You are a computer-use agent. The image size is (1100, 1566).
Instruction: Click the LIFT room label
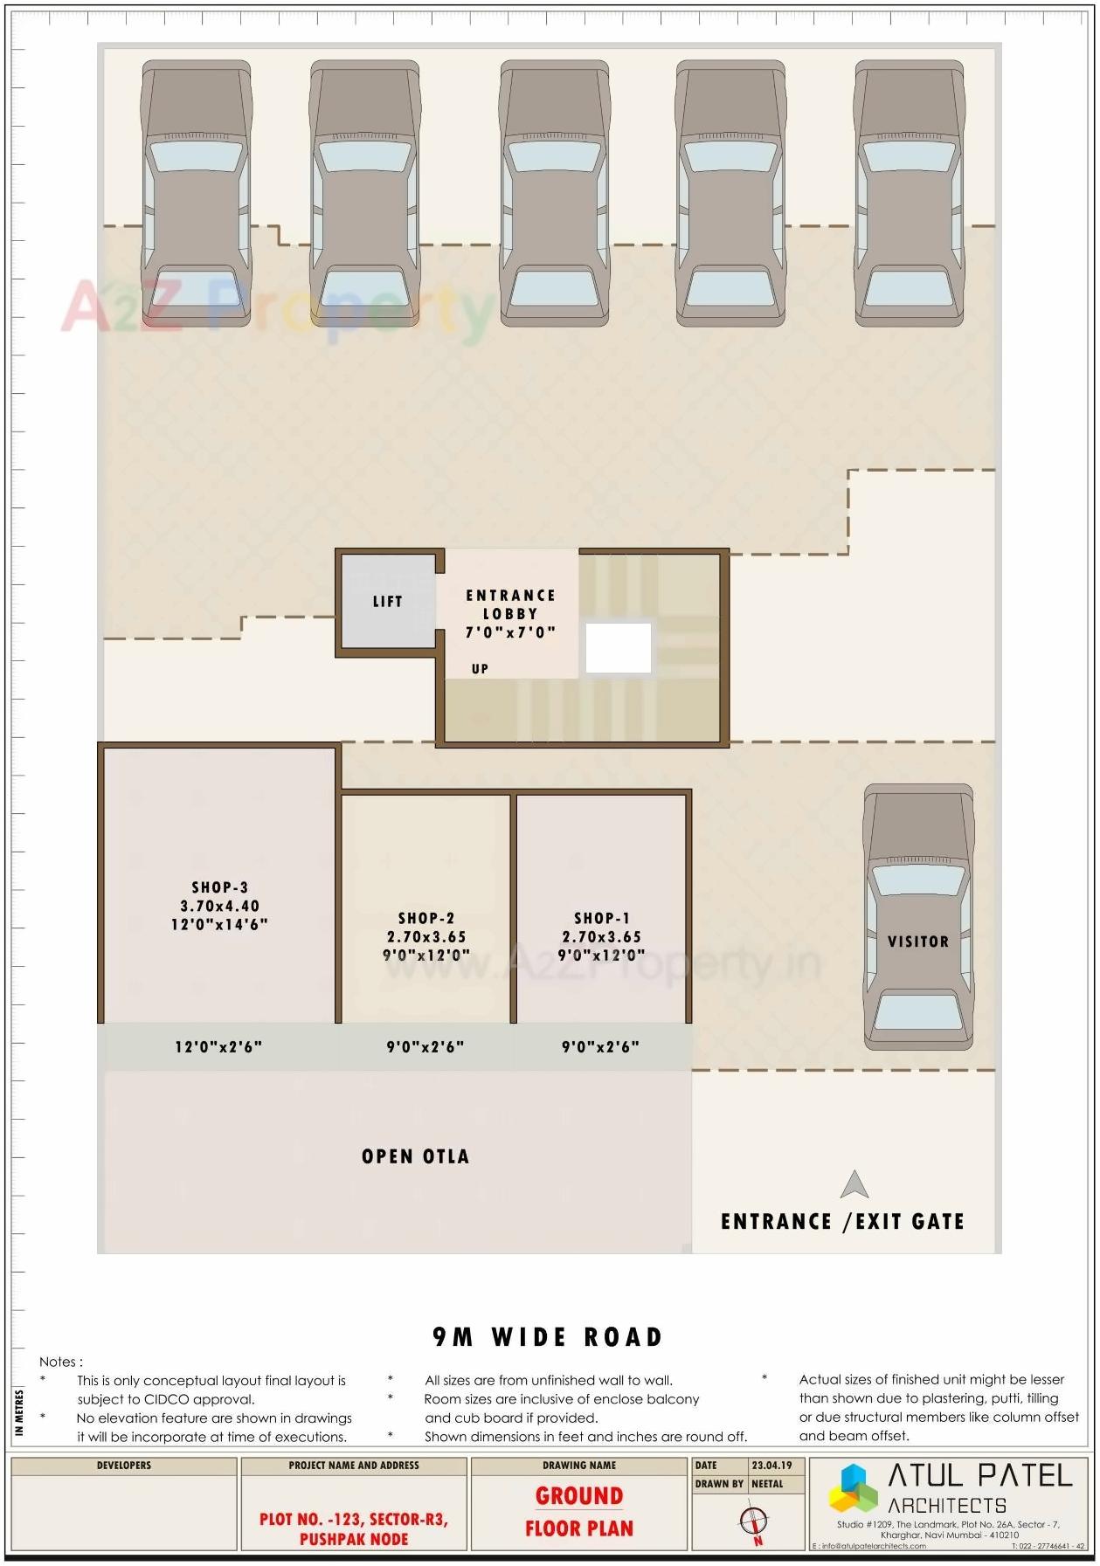pos(387,602)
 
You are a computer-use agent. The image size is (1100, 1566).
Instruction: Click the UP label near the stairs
pos(480,669)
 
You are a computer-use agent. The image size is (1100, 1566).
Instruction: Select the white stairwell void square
pos(618,648)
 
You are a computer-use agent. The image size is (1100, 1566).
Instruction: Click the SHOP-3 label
pos(219,906)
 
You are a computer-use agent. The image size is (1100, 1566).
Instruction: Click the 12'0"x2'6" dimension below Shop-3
pos(218,1046)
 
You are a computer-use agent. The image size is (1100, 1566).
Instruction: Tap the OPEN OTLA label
pos(415,1156)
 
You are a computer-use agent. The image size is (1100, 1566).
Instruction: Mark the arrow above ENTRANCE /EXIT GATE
pos(854,1185)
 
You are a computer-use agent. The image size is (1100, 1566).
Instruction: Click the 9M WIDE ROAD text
pos(548,1337)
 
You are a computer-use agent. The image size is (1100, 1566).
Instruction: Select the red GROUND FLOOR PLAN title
pos(578,1513)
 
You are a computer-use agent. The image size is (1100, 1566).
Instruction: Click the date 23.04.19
pos(771,1466)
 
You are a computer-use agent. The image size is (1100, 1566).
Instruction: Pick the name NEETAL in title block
pos(767,1484)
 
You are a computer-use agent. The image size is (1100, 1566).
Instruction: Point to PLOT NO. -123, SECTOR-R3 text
pos(353,1519)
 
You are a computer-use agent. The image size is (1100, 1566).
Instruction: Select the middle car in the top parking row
pos(554,194)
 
